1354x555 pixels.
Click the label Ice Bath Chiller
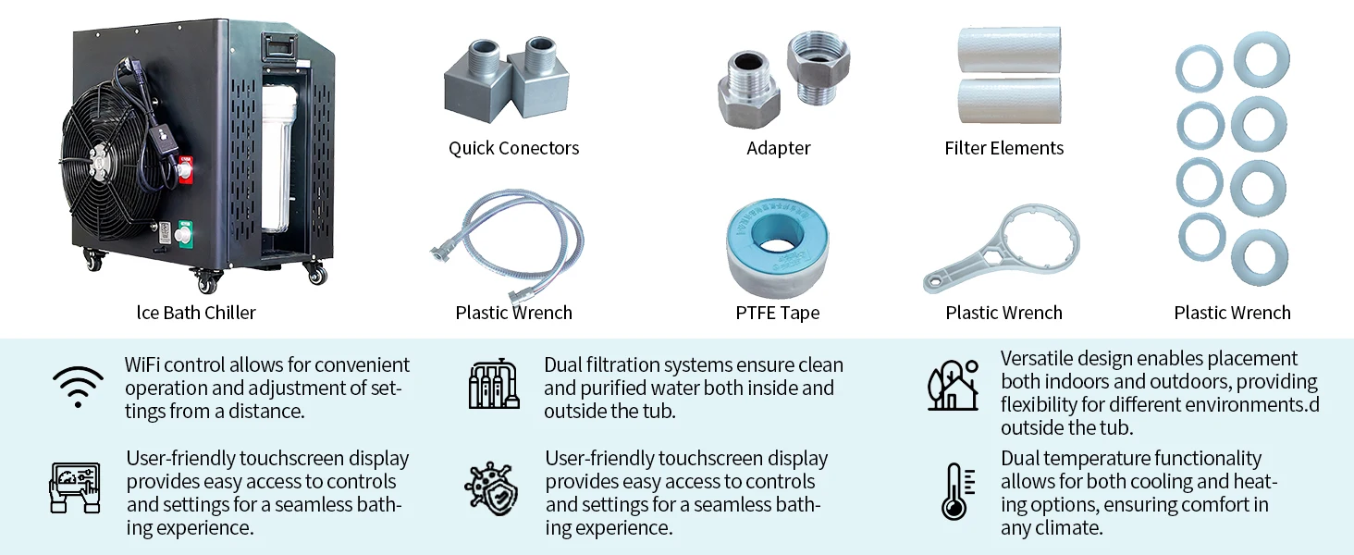point(196,313)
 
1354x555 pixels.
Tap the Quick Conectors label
point(513,148)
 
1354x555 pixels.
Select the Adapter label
point(778,148)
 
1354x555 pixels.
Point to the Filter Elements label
point(1003,148)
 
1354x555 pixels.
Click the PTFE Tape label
point(777,313)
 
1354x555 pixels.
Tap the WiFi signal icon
point(78,386)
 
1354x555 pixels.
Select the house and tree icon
point(953,386)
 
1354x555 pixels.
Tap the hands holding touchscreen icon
point(74,487)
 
